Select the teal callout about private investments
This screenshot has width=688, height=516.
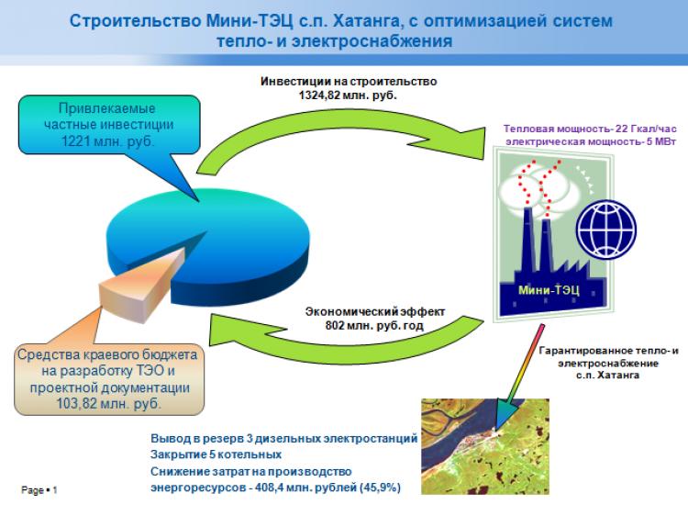coord(109,125)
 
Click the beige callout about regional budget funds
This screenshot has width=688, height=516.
coord(109,379)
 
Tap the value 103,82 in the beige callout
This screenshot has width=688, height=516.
coord(77,404)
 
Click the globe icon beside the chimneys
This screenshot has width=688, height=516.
coord(606,229)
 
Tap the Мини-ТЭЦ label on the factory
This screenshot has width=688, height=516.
coord(549,290)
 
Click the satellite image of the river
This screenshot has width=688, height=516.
coord(485,446)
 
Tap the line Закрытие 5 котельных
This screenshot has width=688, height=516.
coord(216,454)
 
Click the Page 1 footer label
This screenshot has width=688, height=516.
coord(39,490)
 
